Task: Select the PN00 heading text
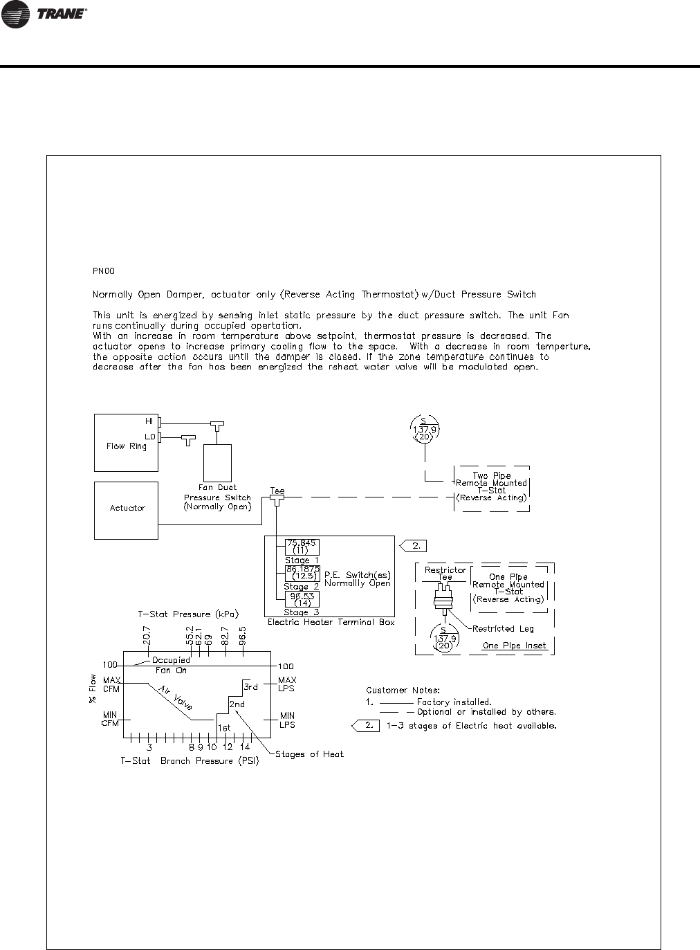tap(103, 272)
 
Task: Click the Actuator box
tap(127, 509)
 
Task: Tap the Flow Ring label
tap(126, 446)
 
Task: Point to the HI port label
tap(148, 421)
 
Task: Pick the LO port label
tap(149, 437)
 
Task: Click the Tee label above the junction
tap(277, 491)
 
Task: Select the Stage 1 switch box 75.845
tap(302, 547)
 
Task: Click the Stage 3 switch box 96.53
tap(302, 599)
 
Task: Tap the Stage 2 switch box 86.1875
tap(302, 573)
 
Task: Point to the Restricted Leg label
tap(503, 629)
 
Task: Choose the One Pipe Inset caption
tap(514, 646)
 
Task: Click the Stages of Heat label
tap(309, 754)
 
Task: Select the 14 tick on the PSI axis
tap(245, 747)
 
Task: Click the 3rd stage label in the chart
tap(250, 687)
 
